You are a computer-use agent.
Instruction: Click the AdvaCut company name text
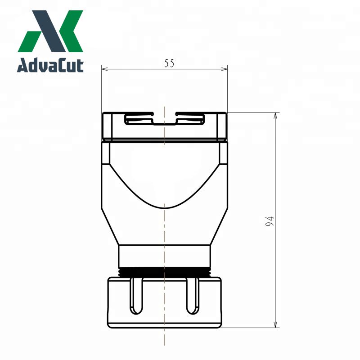coord(50,66)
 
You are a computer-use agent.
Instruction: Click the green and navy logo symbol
coord(50,31)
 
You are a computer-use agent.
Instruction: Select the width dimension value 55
coord(169,63)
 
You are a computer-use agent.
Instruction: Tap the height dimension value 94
coord(270,221)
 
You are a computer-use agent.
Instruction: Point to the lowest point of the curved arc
coord(165,208)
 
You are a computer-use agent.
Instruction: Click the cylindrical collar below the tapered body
coord(164,256)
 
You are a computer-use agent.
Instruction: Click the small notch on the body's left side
coord(105,153)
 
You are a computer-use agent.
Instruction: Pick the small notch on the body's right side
coord(223,153)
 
